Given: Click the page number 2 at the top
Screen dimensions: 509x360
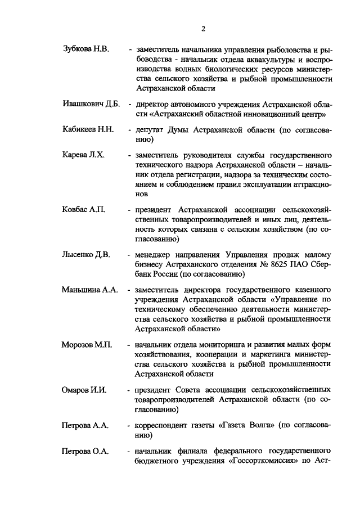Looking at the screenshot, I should pos(203,29).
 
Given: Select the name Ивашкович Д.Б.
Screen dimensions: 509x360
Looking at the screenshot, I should pos(92,105).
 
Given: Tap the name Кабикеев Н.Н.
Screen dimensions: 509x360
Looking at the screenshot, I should pos(88,130).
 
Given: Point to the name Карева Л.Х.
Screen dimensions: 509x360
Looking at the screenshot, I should pos(83,155).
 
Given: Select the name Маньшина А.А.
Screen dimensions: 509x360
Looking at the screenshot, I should pos(90,290).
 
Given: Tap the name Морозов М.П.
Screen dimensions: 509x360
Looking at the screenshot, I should pos(88,345).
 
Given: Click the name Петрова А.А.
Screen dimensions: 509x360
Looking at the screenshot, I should pos(85,426).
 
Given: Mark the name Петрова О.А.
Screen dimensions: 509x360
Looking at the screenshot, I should pos(85,452).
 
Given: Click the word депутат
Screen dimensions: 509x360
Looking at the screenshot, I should pos(152,130).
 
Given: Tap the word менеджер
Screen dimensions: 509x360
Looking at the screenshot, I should pos(155,255).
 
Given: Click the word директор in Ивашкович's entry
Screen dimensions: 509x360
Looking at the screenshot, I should pos(153,105).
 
